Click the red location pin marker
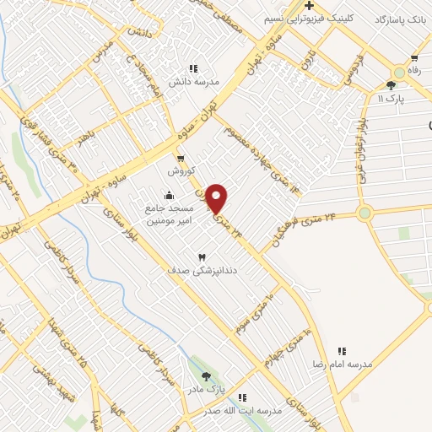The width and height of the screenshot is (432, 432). [x=218, y=198]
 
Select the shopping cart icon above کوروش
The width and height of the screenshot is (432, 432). [x=180, y=158]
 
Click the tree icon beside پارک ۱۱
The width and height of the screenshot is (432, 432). [x=391, y=85]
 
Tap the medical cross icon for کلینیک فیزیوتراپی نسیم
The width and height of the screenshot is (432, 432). [x=310, y=7]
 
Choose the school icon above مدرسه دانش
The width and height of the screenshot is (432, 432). [x=193, y=68]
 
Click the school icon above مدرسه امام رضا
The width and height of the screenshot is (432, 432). [x=342, y=350]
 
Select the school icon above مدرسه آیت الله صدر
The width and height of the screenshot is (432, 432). [x=242, y=397]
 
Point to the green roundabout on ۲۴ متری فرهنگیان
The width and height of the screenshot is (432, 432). [x=364, y=213]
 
